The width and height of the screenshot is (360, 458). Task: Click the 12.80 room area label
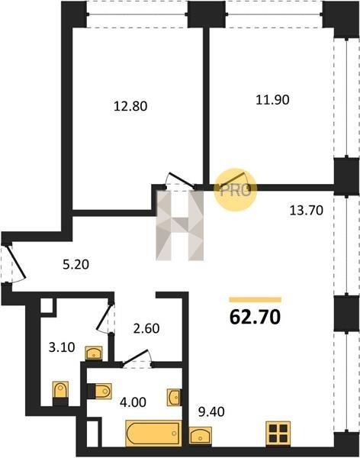tap(130, 106)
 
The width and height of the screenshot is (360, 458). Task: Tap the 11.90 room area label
tap(272, 100)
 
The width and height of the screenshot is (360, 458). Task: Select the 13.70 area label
tap(307, 210)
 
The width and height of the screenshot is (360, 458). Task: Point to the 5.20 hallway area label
tap(76, 265)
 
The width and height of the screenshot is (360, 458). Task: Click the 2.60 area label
tap(146, 328)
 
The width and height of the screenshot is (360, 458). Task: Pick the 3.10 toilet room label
tap(62, 347)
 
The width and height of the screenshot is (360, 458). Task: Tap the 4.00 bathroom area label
tap(133, 402)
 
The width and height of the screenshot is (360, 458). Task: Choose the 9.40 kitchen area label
tap(211, 412)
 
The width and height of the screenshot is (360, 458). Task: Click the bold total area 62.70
tap(256, 318)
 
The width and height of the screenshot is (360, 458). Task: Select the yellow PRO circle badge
tap(236, 189)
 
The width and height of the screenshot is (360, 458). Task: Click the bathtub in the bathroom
tap(153, 433)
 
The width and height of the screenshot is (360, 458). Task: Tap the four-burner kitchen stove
tap(278, 433)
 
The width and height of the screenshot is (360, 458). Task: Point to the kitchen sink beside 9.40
tap(201, 435)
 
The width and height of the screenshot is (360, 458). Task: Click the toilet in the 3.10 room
tap(61, 393)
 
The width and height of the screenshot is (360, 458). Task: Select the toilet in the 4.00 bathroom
tap(99, 391)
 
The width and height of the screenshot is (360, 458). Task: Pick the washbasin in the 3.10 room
tap(93, 353)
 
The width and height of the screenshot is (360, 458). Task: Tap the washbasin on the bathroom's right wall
tap(174, 397)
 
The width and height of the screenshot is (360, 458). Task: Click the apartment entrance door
tap(17, 263)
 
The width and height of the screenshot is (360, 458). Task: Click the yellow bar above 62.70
tap(256, 300)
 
